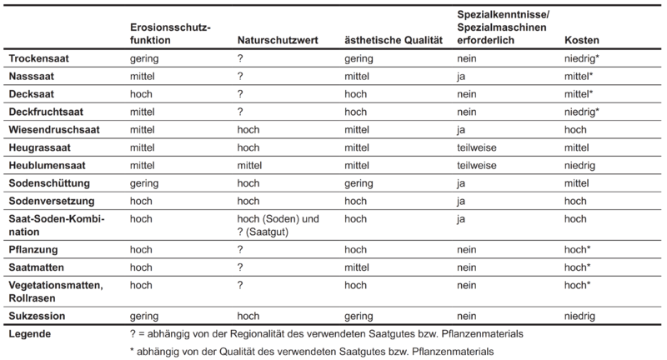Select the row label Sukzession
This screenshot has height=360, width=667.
37,316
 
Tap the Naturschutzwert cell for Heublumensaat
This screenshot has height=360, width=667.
251,165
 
